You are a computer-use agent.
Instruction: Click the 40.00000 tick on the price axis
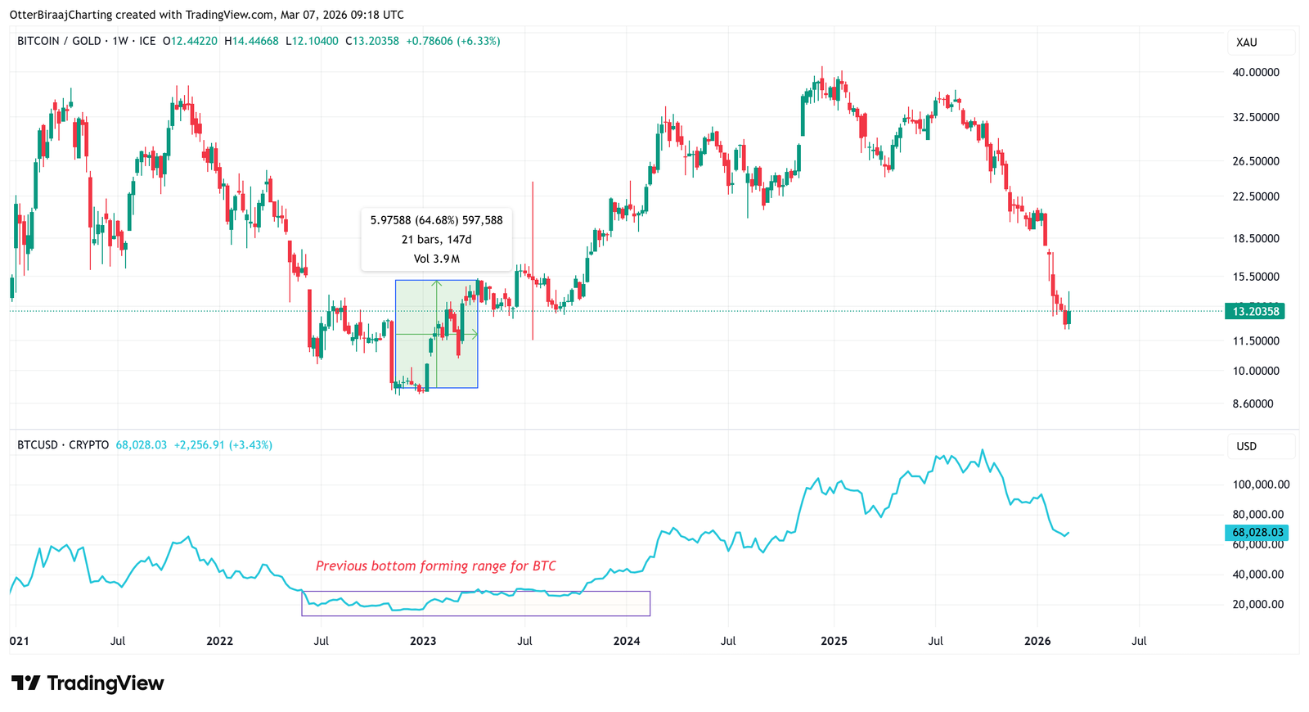1256,72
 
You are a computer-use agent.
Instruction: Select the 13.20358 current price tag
1255,311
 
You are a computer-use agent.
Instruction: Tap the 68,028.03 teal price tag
1257,532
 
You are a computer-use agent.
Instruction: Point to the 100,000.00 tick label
1261,484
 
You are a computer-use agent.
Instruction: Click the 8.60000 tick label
1253,403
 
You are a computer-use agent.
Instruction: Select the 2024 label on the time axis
627,641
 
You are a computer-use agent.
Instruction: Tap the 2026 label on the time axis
1037,641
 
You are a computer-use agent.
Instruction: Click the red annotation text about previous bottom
436,566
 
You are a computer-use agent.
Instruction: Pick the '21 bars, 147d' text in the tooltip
436,240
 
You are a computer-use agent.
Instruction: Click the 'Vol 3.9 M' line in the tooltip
436,259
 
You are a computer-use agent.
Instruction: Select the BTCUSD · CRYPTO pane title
63,445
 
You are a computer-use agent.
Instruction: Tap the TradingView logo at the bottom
88,683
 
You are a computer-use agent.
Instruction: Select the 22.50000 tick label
1256,196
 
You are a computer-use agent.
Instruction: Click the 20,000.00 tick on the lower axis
1257,604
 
